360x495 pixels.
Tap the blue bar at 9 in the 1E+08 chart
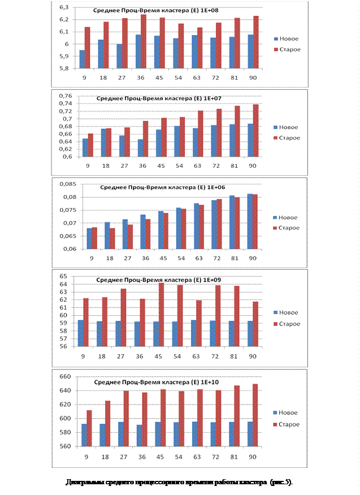[x=83, y=59]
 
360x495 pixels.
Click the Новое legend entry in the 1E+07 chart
[x=289, y=127]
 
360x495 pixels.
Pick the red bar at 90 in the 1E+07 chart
[x=255, y=131]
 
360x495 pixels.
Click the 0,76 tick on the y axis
[x=66, y=95]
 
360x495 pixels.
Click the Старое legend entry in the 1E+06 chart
[x=289, y=228]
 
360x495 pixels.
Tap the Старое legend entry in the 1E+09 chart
[x=289, y=324]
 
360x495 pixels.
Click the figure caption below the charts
[x=180, y=482]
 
